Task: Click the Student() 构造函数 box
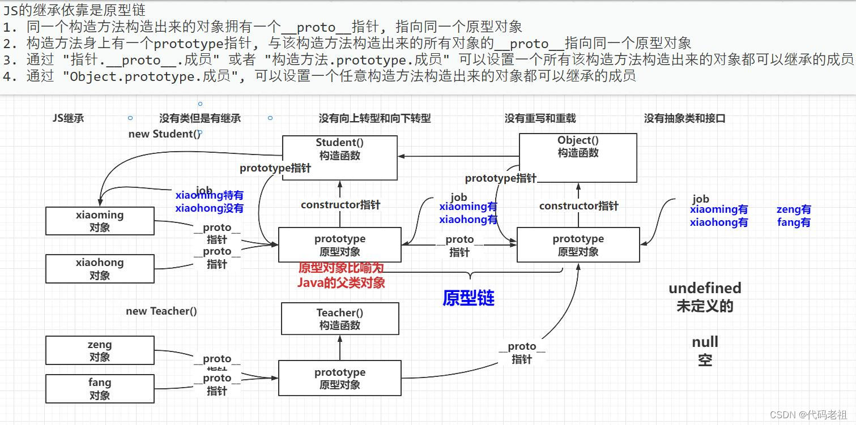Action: pyautogui.click(x=339, y=158)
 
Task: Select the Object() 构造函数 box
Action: pyautogui.click(x=578, y=157)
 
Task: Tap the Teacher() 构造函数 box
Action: pyautogui.click(x=339, y=319)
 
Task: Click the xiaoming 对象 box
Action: pyautogui.click(x=100, y=221)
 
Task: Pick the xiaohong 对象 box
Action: pyautogui.click(x=100, y=269)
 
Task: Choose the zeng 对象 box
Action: pyautogui.click(x=100, y=350)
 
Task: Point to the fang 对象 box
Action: pyautogui.click(x=100, y=389)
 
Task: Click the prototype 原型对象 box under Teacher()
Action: pyautogui.click(x=339, y=378)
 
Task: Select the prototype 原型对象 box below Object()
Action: pyautogui.click(x=578, y=244)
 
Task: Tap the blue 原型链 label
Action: pyautogui.click(x=469, y=298)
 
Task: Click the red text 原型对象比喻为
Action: pyautogui.click(x=341, y=268)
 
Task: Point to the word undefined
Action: pyautogui.click(x=705, y=288)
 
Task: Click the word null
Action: pyautogui.click(x=705, y=342)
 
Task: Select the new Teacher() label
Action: pyautogui.click(x=161, y=311)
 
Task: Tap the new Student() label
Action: pyautogui.click(x=164, y=134)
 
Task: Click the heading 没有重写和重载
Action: pyautogui.click(x=540, y=118)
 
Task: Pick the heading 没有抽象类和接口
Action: pyautogui.click(x=684, y=118)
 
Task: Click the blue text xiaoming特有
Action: pyautogui.click(x=210, y=196)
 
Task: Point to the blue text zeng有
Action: pyautogui.click(x=793, y=209)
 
